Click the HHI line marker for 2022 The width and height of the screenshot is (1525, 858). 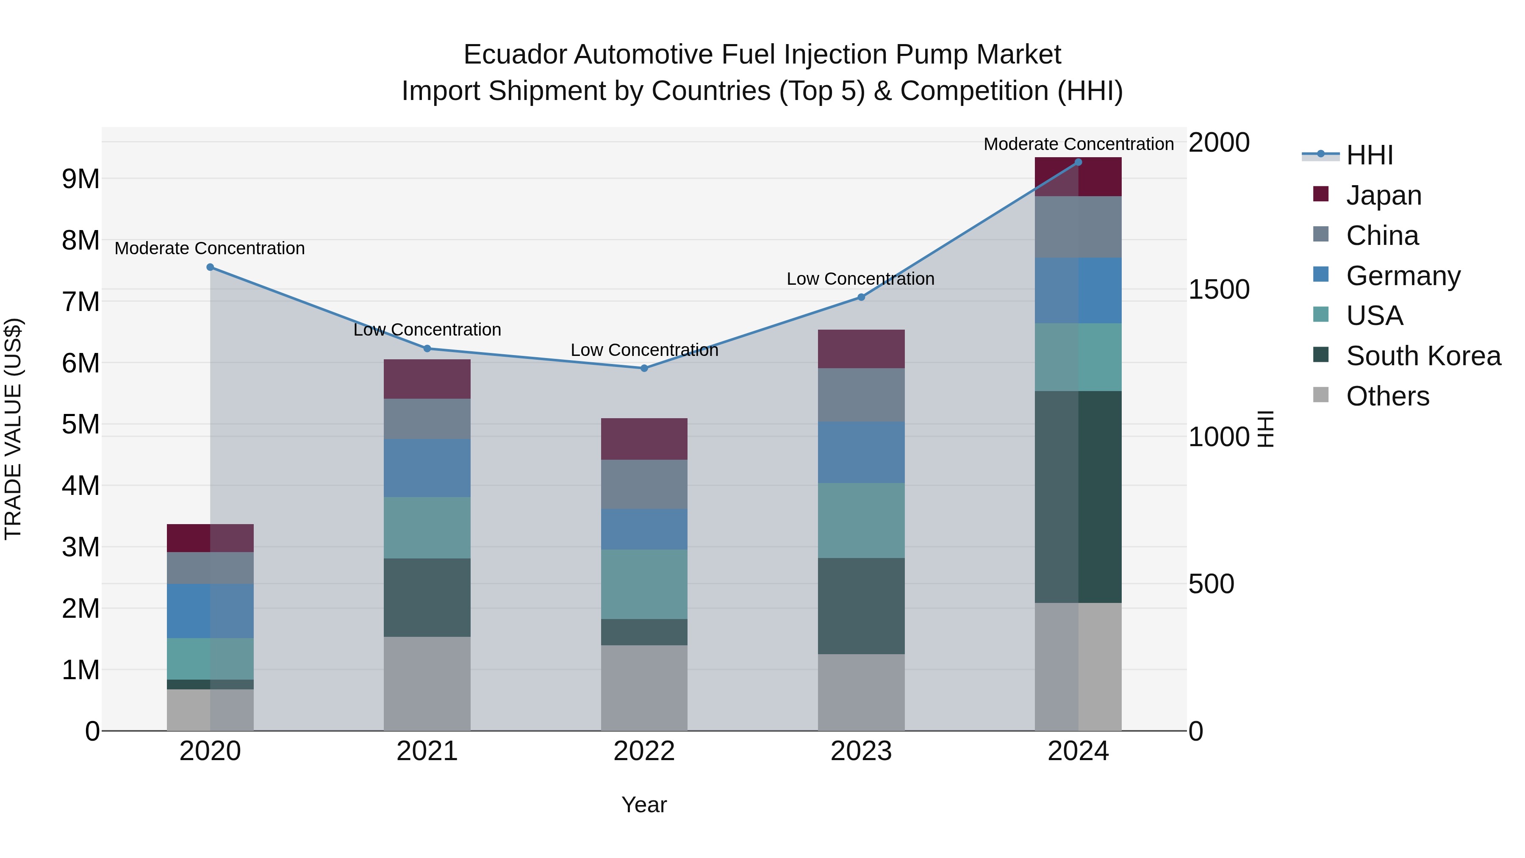pos(644,368)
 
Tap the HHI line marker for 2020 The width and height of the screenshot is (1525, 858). pos(210,267)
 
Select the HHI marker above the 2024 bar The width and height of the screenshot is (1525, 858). pos(1078,162)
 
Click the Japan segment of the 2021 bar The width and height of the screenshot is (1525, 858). pos(427,379)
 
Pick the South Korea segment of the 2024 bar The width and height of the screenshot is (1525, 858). pos(1078,497)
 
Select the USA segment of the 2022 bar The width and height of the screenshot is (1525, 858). pos(644,584)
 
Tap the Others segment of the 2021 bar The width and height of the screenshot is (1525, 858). pos(427,683)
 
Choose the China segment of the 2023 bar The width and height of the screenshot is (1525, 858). pos(861,395)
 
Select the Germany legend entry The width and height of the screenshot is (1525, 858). pos(1403,276)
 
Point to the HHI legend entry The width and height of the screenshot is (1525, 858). pos(1369,155)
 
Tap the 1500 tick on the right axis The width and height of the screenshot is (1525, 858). pos(1218,289)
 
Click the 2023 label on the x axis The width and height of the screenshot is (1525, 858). pos(861,751)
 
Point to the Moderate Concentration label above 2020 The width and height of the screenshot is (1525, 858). pos(210,248)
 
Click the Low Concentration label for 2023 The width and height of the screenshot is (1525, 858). pos(860,279)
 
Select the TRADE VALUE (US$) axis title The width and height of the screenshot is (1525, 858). pos(13,429)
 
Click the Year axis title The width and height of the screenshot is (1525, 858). pos(644,805)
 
